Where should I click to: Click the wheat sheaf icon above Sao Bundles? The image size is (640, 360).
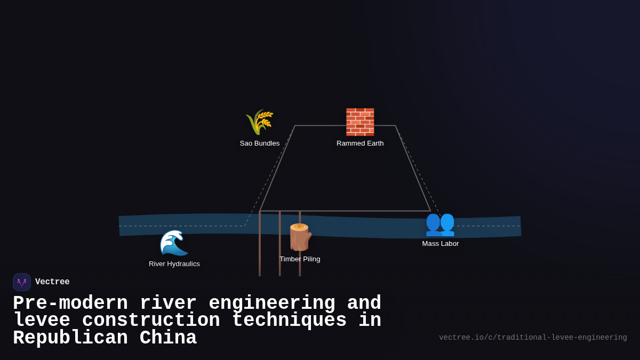(259, 122)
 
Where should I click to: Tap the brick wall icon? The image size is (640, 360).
(360, 122)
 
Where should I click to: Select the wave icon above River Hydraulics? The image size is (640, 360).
(174, 243)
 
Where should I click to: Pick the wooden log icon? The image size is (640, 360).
(300, 237)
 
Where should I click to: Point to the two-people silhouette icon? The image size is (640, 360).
(440, 223)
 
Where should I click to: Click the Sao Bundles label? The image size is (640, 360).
(260, 143)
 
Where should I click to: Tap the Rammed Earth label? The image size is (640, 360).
(360, 143)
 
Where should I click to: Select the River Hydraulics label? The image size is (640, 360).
(174, 264)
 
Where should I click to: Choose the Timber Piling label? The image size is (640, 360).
(300, 259)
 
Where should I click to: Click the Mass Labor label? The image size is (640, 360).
(441, 244)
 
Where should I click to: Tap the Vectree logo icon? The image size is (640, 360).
(22, 282)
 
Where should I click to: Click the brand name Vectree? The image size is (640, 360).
(52, 282)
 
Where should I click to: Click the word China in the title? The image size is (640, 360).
(168, 338)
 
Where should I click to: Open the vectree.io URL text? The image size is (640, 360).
(533, 338)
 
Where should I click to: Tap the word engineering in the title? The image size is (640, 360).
(272, 303)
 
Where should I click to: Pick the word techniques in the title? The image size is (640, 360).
(289, 321)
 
